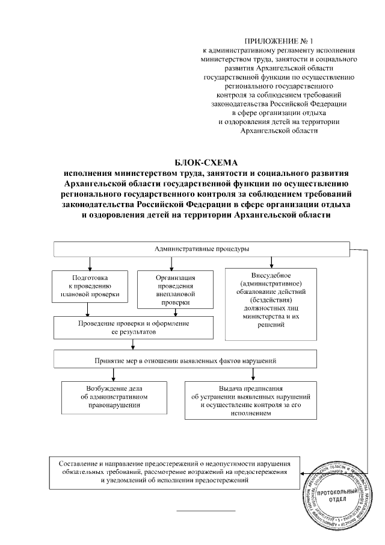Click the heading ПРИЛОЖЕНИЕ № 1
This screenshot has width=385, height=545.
point(280,40)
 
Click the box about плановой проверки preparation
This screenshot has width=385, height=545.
point(90,286)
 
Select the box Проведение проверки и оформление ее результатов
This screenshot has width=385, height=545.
point(133,328)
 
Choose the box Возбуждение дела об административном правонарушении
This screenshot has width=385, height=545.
point(114,397)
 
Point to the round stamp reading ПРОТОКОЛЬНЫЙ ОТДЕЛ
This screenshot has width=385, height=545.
point(337,497)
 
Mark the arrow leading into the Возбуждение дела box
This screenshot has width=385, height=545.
point(114,373)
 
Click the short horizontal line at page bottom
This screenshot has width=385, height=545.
point(205,511)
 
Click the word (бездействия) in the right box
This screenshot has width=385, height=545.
point(274,299)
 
